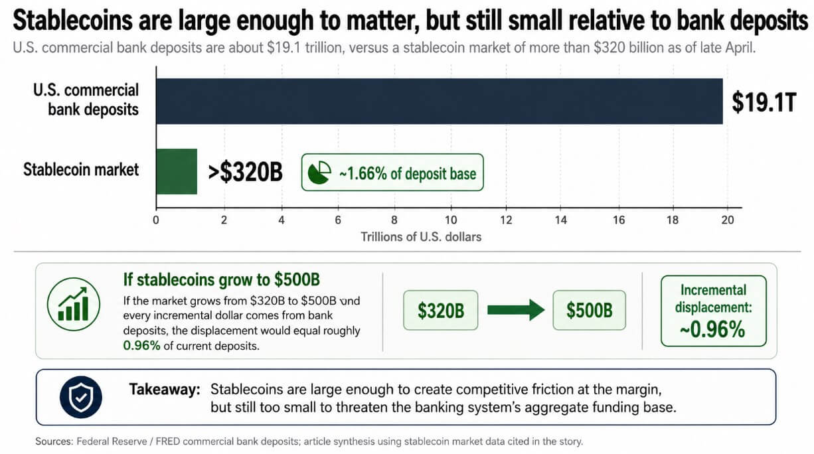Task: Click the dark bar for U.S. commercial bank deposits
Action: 438,101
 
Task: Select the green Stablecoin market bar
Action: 177,171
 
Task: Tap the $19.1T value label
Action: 763,102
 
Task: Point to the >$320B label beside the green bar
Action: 245,173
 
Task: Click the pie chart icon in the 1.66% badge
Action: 320,173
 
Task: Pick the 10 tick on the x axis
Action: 451,221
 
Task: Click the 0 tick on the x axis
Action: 156,221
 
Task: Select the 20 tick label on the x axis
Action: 727,221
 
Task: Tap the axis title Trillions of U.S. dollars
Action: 421,236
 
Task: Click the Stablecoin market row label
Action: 81,169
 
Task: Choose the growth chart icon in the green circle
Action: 73,304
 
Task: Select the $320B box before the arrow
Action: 441,310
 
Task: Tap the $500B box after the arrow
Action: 589,310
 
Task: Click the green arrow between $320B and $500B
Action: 515,310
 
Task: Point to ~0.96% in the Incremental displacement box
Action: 714,329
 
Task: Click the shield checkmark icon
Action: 80,396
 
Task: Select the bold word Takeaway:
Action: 165,390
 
